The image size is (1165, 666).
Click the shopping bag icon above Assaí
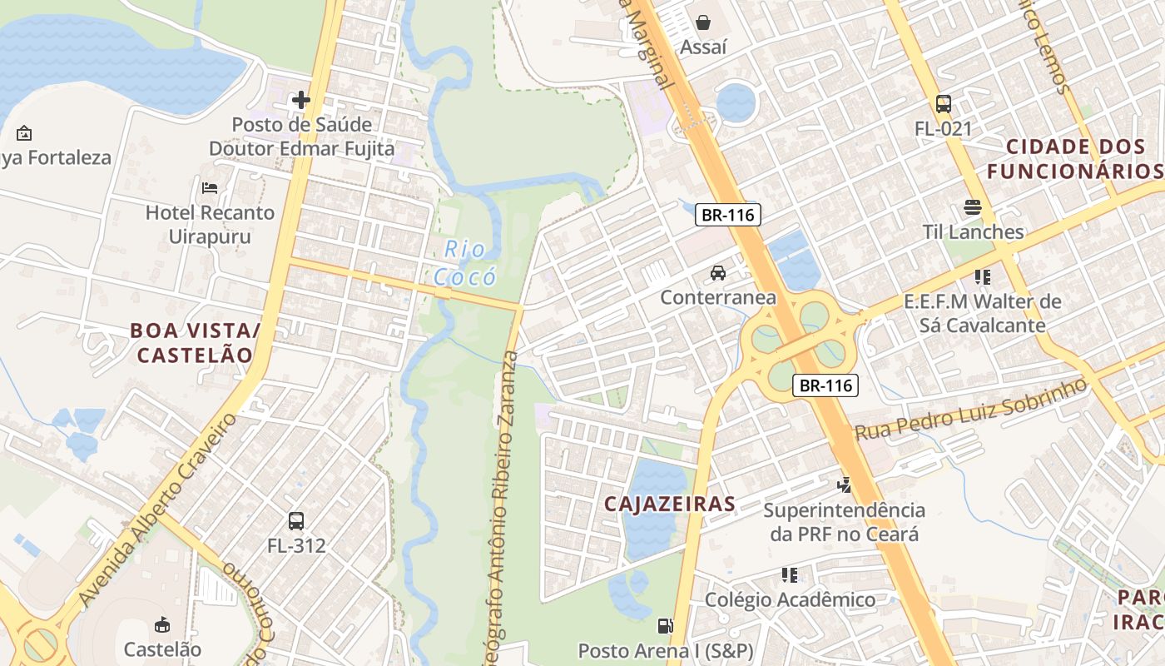point(703,22)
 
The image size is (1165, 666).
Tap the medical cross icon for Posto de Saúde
point(301,101)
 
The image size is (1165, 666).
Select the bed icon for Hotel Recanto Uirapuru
point(210,188)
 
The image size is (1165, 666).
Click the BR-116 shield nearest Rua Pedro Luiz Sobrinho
point(825,385)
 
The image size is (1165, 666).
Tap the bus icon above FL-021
point(944,104)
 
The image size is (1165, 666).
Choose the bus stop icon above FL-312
point(296,521)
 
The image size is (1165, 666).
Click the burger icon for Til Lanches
point(973,207)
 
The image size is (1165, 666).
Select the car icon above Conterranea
point(717,273)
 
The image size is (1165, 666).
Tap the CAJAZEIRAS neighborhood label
point(670,504)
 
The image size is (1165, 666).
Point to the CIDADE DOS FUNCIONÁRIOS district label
point(1074,159)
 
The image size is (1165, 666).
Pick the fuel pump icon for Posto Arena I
point(665,625)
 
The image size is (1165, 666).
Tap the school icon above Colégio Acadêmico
point(790,575)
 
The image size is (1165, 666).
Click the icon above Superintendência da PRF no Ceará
point(845,484)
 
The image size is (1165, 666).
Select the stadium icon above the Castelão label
point(163,624)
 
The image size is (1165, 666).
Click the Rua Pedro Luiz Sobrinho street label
point(971,410)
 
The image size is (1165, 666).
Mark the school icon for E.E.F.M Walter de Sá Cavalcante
point(983,276)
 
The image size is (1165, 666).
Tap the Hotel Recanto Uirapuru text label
point(210,224)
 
